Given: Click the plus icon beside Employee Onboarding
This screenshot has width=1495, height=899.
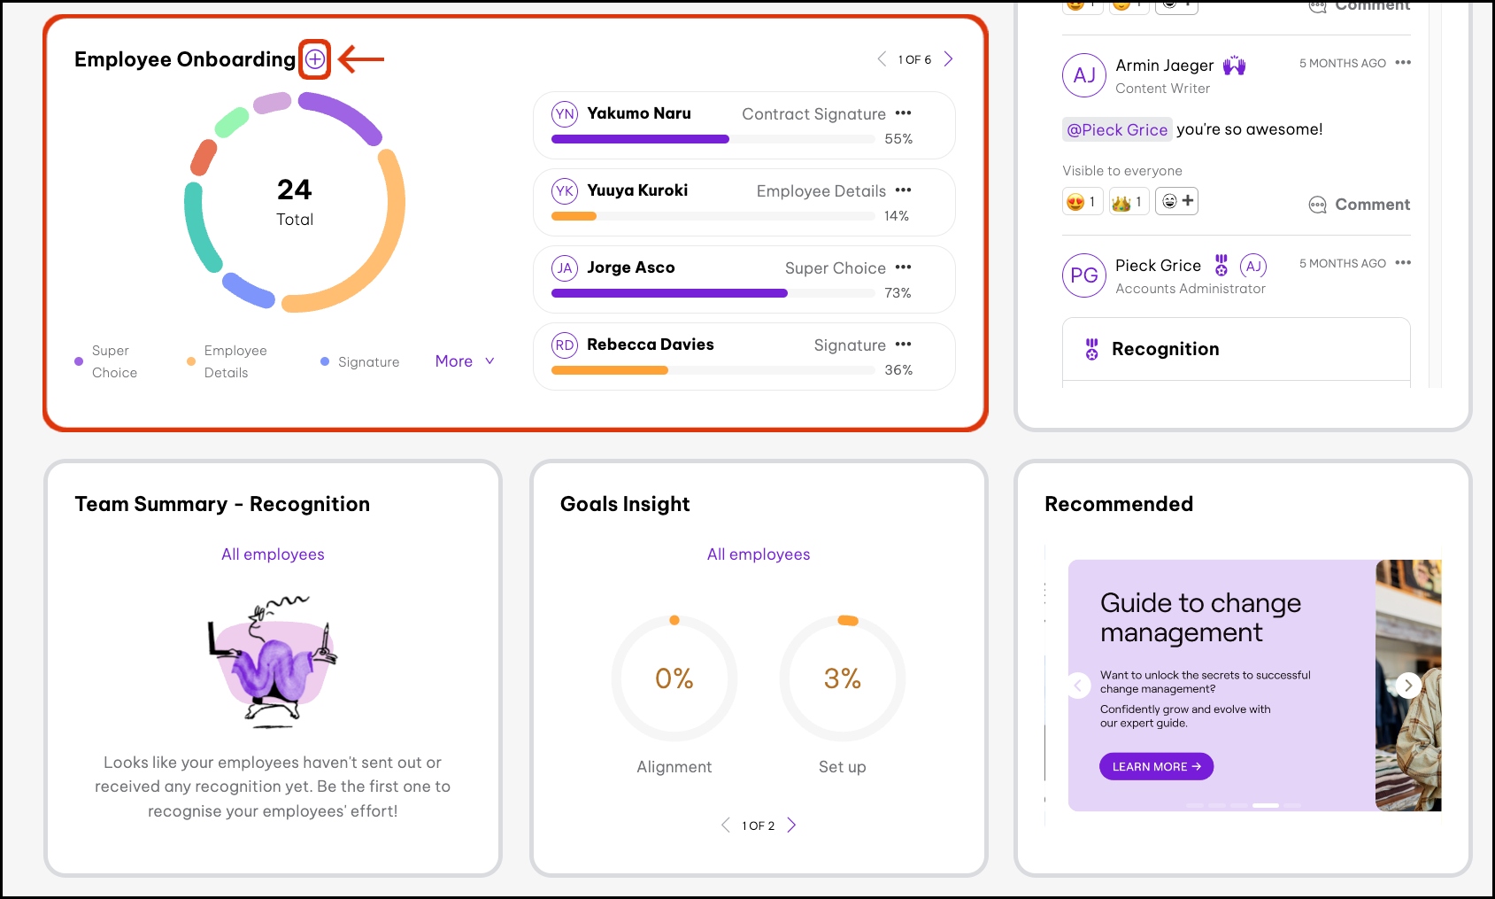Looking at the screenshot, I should click(x=315, y=59).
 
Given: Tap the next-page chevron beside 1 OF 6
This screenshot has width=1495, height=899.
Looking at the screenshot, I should click(x=949, y=59).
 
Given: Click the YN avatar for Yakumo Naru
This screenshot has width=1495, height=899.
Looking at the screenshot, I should click(x=565, y=114).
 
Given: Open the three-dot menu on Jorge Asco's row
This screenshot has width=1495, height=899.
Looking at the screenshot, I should click(x=903, y=267).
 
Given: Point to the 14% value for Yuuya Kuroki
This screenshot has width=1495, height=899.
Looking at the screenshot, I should click(x=897, y=216).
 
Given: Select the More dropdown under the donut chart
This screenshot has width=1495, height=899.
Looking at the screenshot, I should click(x=465, y=361).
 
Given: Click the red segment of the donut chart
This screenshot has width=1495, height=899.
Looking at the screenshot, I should click(x=204, y=158).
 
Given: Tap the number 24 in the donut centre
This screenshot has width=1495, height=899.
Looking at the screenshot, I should click(x=295, y=190).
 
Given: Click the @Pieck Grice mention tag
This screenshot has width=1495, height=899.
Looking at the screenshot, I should click(x=1117, y=130).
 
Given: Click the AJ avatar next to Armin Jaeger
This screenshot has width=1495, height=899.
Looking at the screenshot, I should click(x=1084, y=75).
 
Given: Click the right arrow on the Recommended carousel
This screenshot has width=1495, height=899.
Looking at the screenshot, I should click(x=1408, y=686).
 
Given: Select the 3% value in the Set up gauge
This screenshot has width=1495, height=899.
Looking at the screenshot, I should click(x=842, y=678).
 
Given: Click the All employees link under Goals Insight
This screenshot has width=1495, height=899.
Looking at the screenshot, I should click(x=759, y=554).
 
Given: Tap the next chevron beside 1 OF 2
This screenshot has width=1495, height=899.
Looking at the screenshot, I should click(x=792, y=825).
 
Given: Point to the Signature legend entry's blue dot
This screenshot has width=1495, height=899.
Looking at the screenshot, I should click(x=325, y=361).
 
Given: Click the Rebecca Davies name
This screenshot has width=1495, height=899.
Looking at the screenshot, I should click(x=650, y=345).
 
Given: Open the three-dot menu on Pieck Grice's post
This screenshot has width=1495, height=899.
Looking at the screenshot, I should click(x=1403, y=263).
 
